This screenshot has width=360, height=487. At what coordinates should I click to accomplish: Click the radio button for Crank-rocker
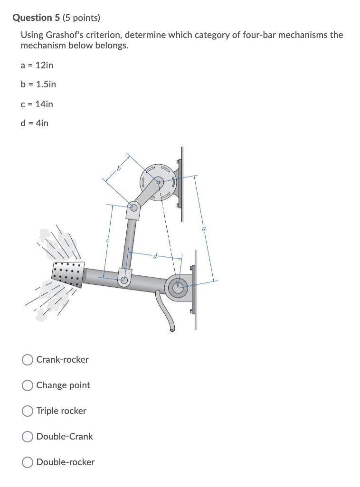coord(28,360)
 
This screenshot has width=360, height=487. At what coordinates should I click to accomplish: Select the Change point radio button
coord(28,385)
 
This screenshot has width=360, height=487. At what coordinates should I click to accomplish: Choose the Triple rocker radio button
coord(28,411)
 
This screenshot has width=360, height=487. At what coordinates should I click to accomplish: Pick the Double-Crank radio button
coord(28,437)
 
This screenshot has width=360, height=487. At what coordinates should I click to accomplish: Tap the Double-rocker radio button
coord(28,462)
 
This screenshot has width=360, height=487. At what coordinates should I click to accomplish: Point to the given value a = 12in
coord(37,65)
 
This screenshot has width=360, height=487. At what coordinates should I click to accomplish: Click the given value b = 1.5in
coord(38,84)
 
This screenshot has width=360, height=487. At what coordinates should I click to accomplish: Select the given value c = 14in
coord(37,104)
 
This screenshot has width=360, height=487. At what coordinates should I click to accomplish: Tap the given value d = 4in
coord(34,123)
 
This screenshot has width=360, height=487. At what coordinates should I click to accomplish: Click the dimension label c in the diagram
coord(108,241)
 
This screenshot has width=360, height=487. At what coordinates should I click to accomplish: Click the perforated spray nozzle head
coord(68,274)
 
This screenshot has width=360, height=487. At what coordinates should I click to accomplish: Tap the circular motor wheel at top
coord(159,181)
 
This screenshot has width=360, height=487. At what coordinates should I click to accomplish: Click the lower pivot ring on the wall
coord(178,287)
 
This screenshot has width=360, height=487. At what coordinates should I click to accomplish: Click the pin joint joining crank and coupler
coord(134,206)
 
